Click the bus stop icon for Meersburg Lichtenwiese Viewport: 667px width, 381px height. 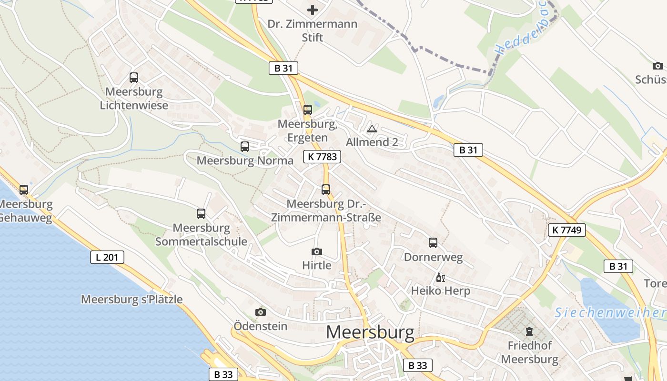(x=134, y=78)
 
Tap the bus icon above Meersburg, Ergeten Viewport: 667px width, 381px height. (x=308, y=110)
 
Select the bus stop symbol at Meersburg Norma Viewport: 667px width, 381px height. (x=245, y=147)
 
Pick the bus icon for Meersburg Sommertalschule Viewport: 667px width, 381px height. (x=201, y=214)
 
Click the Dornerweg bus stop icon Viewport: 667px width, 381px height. (x=433, y=243)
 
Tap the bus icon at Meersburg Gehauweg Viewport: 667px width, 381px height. (x=24, y=190)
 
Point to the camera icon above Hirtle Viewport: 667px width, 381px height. (x=317, y=251)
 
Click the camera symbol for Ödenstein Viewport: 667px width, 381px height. (x=261, y=312)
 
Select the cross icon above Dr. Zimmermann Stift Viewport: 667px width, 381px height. (x=313, y=10)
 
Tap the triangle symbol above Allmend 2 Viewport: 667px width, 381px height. (x=372, y=129)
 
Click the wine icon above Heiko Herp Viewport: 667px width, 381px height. (x=440, y=278)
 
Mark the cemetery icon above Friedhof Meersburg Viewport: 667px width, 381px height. (x=529, y=331)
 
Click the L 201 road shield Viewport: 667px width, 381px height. (x=107, y=258)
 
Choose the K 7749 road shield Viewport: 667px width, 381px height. (x=566, y=230)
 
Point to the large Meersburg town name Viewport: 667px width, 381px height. (x=370, y=332)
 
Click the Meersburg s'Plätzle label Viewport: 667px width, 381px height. (x=132, y=300)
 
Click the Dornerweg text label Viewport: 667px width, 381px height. (x=433, y=258)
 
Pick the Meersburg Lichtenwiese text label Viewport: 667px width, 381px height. (x=134, y=99)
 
